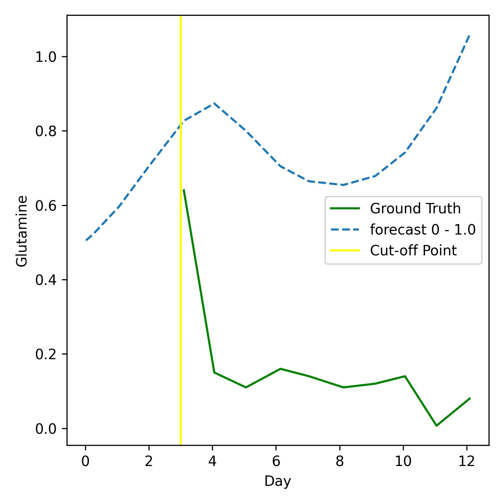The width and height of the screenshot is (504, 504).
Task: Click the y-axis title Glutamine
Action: (22, 231)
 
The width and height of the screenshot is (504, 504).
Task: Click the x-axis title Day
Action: (278, 481)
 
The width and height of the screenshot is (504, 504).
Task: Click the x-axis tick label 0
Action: (85, 461)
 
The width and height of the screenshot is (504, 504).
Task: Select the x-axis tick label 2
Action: (149, 461)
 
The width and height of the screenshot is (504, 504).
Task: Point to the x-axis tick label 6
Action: (276, 461)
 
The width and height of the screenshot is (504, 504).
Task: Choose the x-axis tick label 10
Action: (403, 461)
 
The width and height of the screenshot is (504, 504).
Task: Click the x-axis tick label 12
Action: (466, 461)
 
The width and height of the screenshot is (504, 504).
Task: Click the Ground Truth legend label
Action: (415, 209)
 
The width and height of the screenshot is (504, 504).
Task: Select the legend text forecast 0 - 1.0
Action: (423, 230)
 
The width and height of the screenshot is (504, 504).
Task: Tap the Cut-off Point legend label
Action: (413, 251)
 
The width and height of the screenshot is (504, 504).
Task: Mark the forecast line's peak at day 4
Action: (213, 104)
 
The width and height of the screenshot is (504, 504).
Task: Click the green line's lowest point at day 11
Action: (436, 426)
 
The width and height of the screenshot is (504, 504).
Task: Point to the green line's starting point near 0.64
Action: (183, 190)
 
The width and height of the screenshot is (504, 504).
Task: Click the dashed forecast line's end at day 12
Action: (469, 35)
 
